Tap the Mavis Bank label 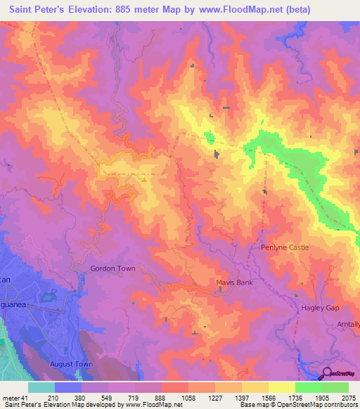point(233,283)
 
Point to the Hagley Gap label point(320,309)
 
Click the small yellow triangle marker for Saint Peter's point(144,179)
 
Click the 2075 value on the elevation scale point(348,397)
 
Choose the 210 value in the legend point(53,397)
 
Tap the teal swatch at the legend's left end point(41,387)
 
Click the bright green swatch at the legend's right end point(335,387)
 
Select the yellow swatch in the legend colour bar point(281,387)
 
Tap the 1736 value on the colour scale point(295,397)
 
